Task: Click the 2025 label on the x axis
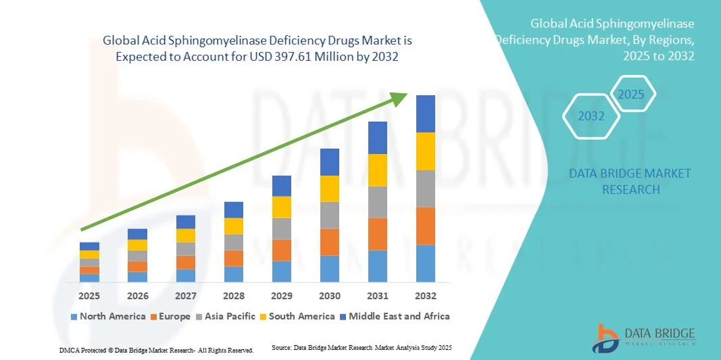pyautogui.click(x=89, y=296)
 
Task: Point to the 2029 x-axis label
pyautogui.click(x=281, y=296)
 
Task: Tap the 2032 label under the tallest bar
pyautogui.click(x=425, y=296)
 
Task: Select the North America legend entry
pyautogui.click(x=107, y=316)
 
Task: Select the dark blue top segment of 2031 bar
pyautogui.click(x=377, y=138)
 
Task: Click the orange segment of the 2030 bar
pyautogui.click(x=329, y=242)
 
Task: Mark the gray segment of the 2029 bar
pyautogui.click(x=281, y=228)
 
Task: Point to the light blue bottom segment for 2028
pyautogui.click(x=233, y=274)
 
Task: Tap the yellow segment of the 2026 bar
pyautogui.click(x=137, y=245)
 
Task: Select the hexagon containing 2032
pyautogui.click(x=591, y=116)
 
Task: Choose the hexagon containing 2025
pyautogui.click(x=632, y=94)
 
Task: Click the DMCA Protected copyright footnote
pyautogui.click(x=156, y=350)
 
